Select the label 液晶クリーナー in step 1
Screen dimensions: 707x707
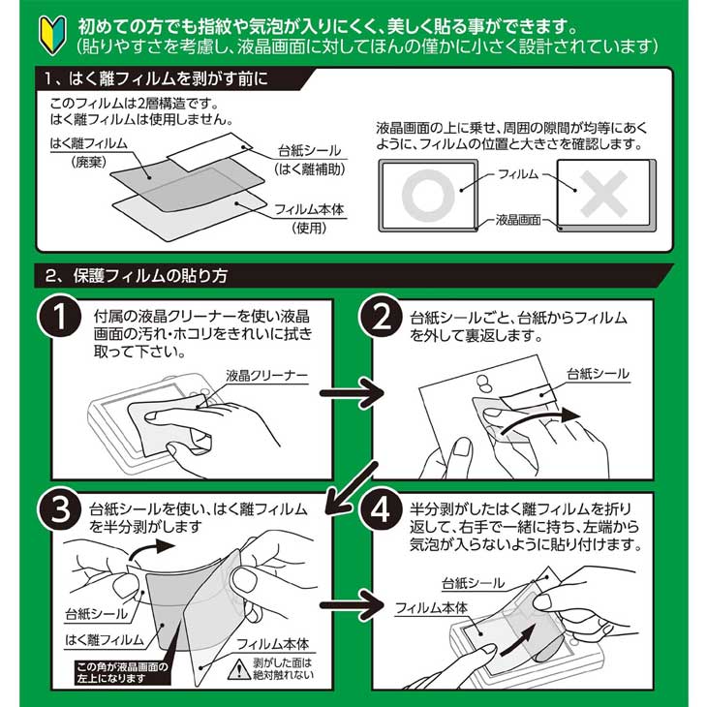[267, 375]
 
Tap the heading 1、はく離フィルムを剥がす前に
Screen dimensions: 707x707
[156, 78]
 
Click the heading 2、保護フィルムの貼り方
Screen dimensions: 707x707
[137, 274]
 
